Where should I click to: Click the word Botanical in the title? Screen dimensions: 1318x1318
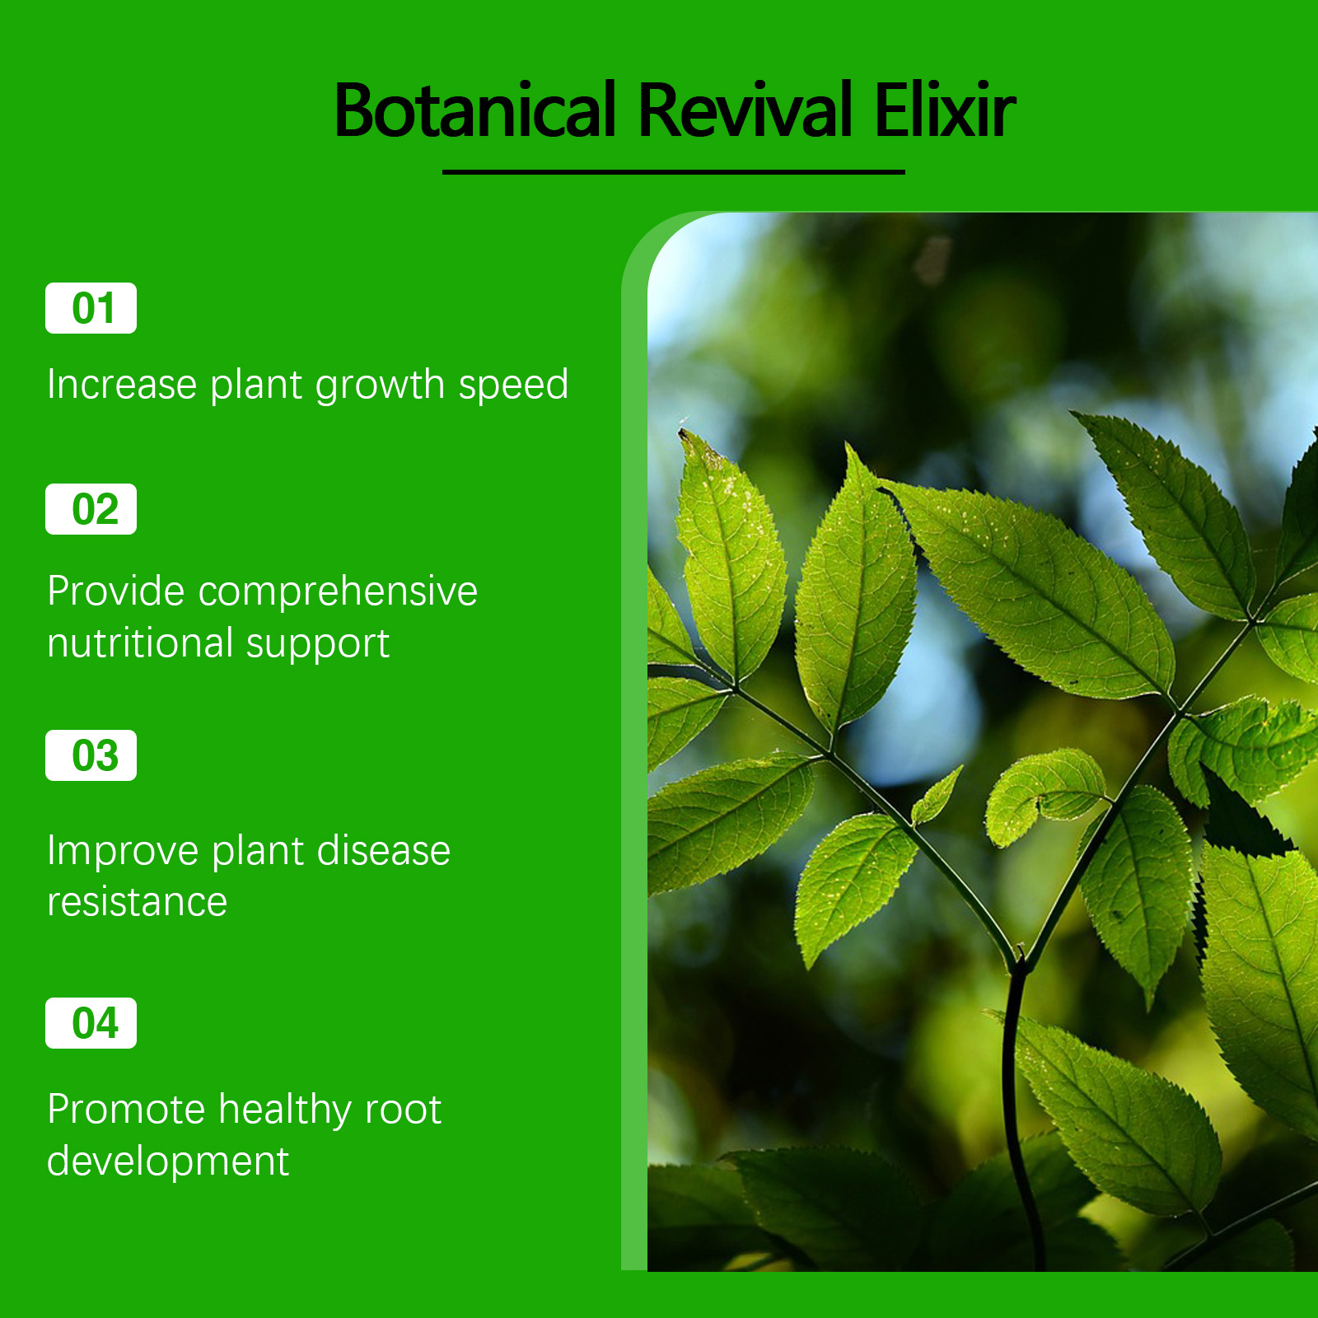(475, 110)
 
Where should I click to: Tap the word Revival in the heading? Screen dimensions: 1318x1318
(745, 110)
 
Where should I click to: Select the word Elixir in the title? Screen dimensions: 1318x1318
(945, 110)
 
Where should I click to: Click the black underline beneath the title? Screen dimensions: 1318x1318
(674, 172)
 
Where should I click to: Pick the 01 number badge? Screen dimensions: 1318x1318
(91, 308)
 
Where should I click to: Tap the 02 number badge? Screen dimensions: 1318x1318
(91, 509)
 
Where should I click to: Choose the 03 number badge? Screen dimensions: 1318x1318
(91, 755)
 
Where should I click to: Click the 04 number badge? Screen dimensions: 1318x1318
(91, 1023)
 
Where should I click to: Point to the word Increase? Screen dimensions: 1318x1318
(122, 385)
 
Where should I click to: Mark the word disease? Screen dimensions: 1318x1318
(384, 850)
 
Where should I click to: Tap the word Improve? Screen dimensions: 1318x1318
(123, 852)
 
